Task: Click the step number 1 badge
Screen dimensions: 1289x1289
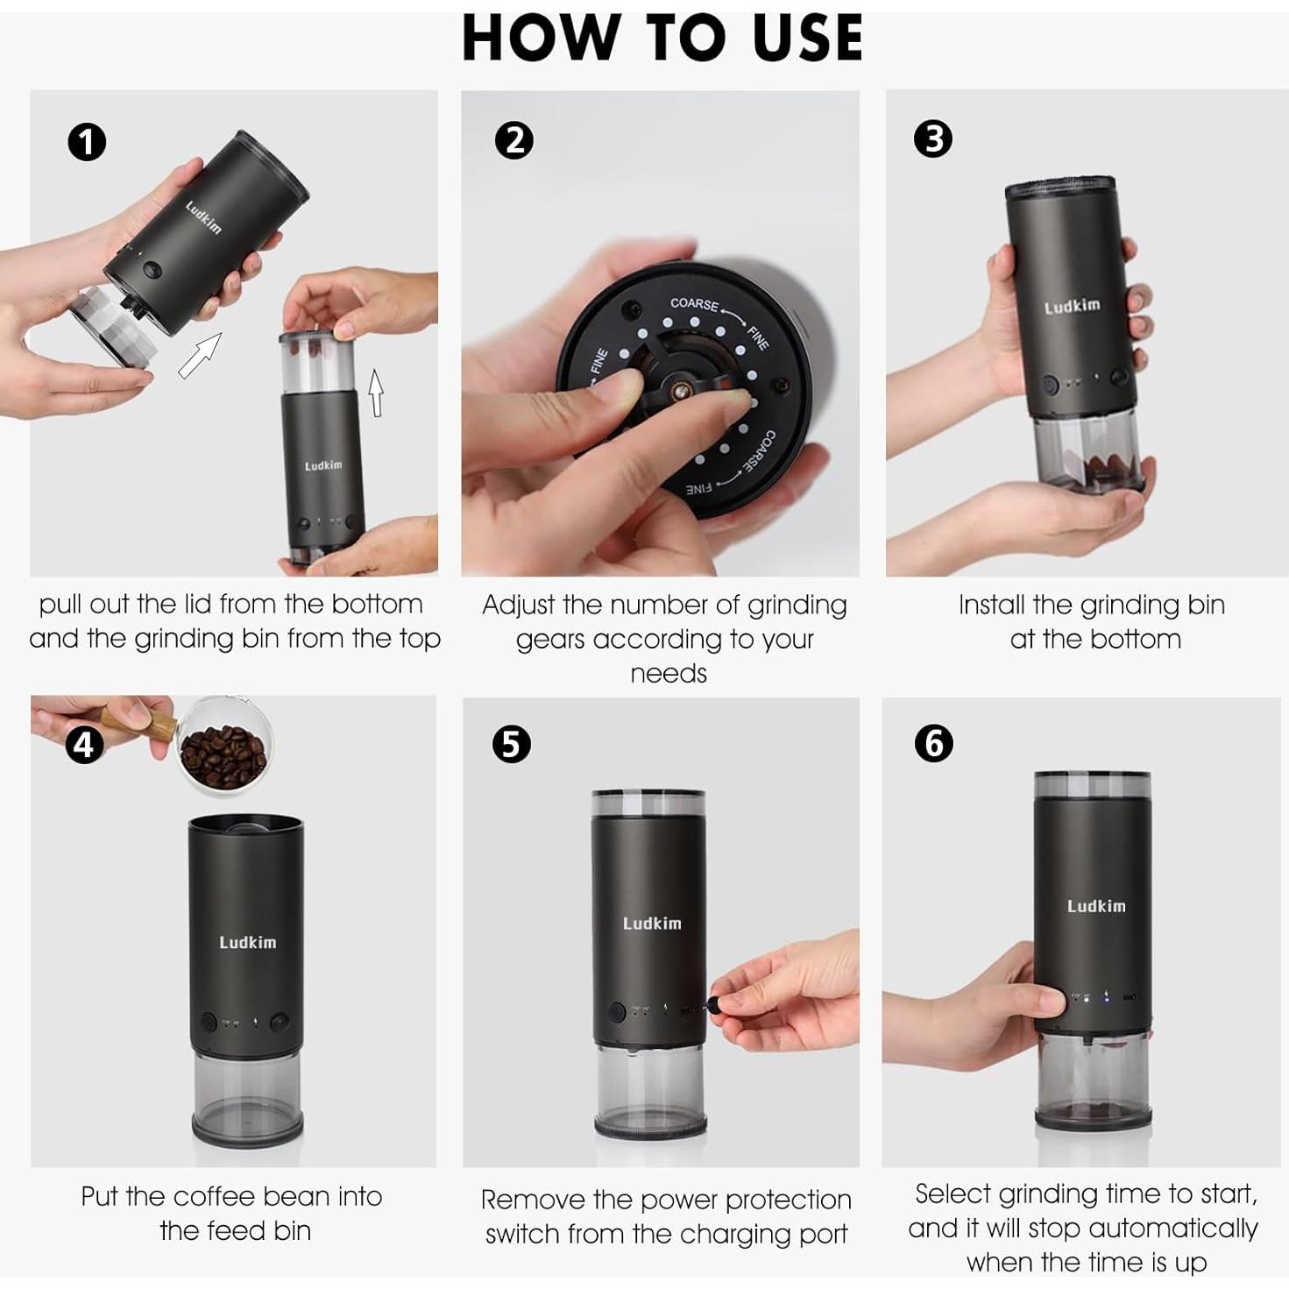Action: tap(87, 143)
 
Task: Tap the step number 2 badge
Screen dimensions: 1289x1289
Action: tap(513, 140)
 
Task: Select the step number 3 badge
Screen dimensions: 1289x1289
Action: tap(933, 139)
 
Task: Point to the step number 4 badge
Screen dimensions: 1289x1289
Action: tap(84, 745)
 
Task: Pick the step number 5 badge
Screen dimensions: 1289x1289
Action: tap(511, 744)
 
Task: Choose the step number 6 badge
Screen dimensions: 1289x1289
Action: tap(934, 743)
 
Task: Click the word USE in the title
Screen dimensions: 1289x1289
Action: tap(807, 38)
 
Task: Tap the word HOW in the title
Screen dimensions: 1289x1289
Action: tap(541, 38)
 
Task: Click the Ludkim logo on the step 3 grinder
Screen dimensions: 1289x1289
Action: tap(1073, 307)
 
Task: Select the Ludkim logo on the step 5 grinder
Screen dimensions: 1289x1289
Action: tap(652, 924)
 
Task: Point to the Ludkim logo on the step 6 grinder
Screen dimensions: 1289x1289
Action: tap(1096, 906)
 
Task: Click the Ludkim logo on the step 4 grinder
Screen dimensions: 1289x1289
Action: tap(247, 943)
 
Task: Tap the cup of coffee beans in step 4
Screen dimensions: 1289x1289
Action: tap(224, 747)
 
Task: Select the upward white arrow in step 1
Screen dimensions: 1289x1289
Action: tap(377, 393)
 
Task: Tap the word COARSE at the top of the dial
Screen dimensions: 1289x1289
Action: tap(694, 304)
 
